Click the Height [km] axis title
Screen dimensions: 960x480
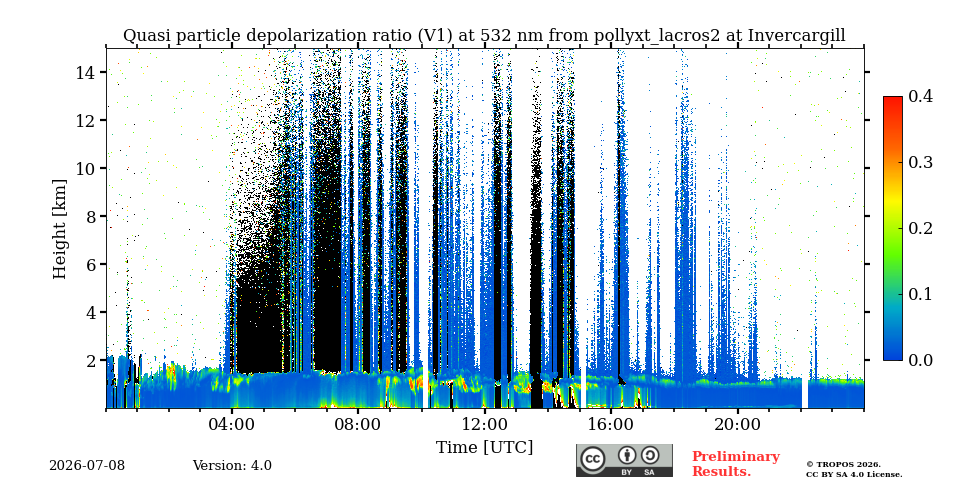point(59,229)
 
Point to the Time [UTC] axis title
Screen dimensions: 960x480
point(484,448)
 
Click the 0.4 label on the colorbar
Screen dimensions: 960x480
point(920,96)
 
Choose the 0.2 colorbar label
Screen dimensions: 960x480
point(920,228)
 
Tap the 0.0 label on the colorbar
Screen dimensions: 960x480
point(920,360)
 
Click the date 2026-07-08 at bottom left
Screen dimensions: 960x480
point(87,466)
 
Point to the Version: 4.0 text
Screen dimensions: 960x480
point(232,466)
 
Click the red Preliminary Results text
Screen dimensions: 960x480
point(736,464)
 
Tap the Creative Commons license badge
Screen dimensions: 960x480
point(624,460)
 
